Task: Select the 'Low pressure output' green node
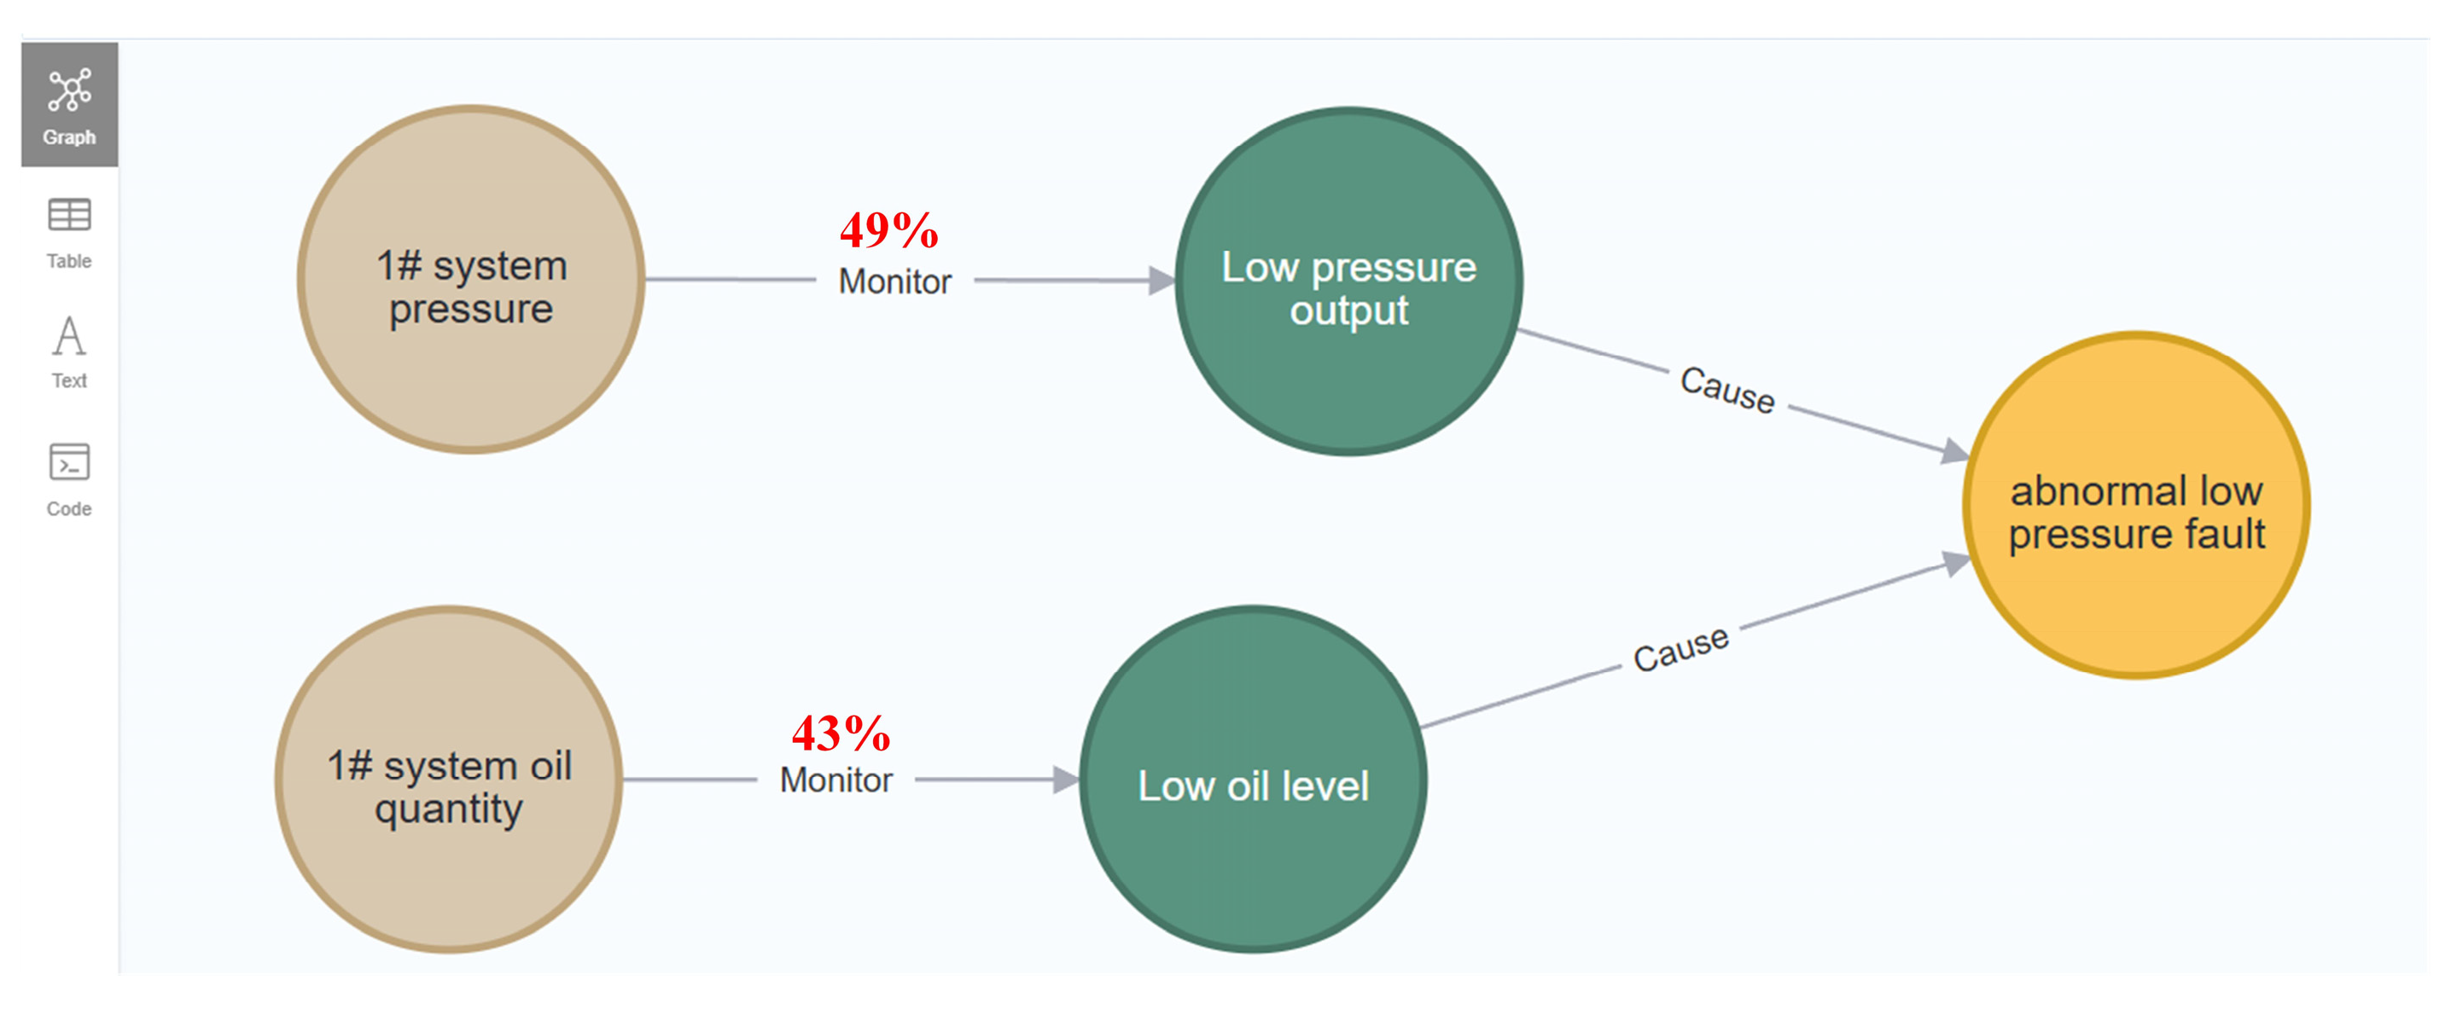click(x=1348, y=281)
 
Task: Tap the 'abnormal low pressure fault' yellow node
click(x=2136, y=506)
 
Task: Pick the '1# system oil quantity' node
click(x=449, y=780)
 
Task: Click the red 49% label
click(x=889, y=229)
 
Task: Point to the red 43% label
click(x=841, y=734)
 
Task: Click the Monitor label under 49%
click(x=894, y=281)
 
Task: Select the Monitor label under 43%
click(x=836, y=780)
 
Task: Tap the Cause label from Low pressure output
click(x=1727, y=390)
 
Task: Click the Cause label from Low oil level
click(x=1680, y=649)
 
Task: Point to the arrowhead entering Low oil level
click(x=1067, y=780)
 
